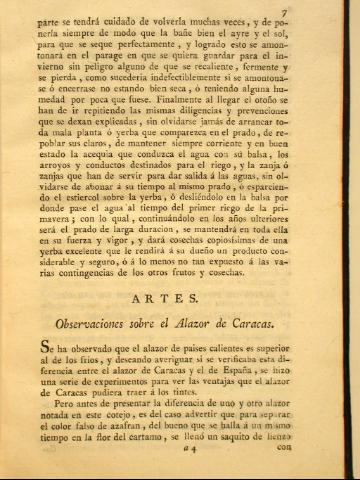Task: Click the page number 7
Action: [339, 10]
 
